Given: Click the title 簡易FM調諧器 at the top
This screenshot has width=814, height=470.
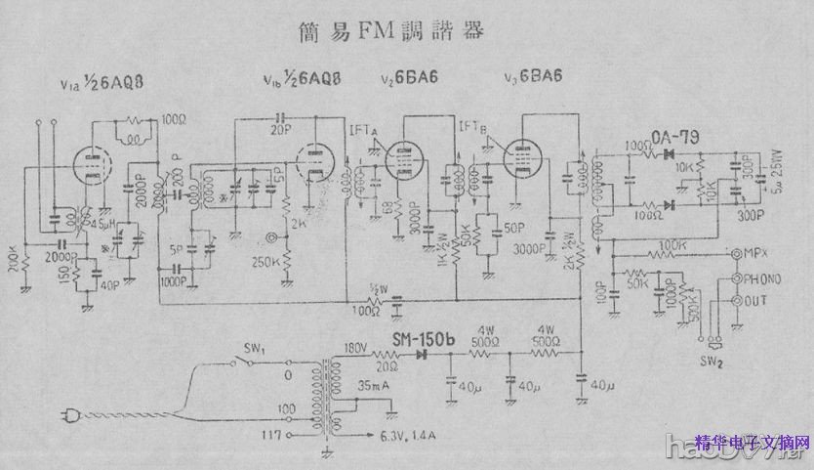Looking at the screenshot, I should (390, 30).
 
